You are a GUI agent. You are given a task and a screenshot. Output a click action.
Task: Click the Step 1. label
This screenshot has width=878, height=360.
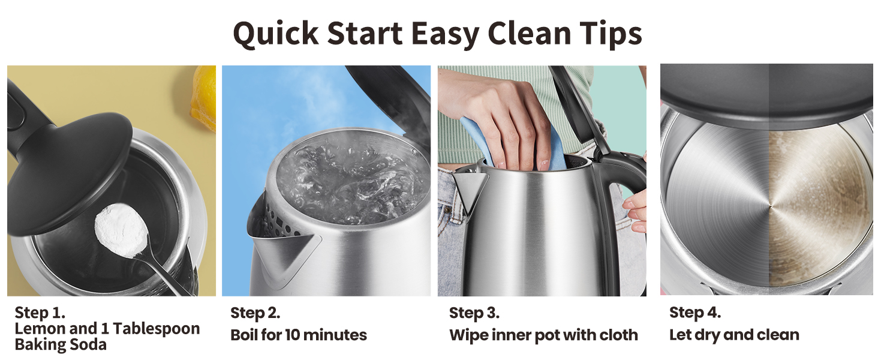(40, 313)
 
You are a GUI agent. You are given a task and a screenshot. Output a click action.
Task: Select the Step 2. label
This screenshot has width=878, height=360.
(255, 313)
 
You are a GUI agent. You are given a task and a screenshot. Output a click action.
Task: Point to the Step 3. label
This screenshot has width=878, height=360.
(474, 313)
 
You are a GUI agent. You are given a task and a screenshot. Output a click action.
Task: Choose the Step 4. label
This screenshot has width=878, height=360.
(694, 313)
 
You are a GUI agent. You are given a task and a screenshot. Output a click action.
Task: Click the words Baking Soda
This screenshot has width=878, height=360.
(60, 344)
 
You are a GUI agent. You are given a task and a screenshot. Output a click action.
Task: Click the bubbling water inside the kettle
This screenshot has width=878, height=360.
(348, 180)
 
